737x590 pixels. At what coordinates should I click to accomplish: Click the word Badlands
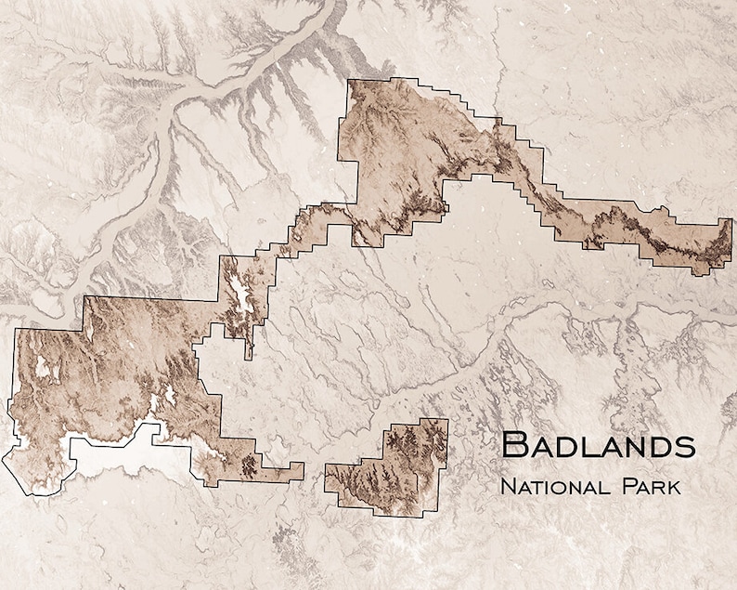pos(598,445)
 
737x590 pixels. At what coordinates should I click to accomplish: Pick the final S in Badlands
pos(686,446)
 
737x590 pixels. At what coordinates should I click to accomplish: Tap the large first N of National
pos(507,485)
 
